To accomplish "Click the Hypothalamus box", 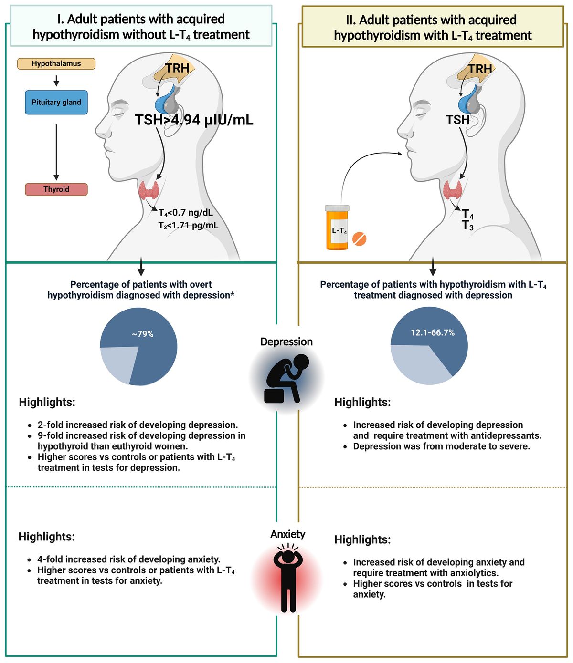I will click(56, 64).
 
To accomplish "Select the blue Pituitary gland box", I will click(56, 103).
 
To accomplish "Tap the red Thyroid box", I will click(56, 189).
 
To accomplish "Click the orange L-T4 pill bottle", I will click(337, 228).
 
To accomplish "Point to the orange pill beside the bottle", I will click(359, 238).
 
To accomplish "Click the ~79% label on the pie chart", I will click(143, 334).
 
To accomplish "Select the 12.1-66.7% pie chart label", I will click(433, 332).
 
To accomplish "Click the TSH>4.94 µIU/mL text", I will click(194, 120).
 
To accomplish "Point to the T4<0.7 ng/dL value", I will click(186, 213).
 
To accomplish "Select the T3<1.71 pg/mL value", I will click(189, 225).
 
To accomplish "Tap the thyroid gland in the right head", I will click(452, 190).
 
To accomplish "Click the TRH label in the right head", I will click(480, 69).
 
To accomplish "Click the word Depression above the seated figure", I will click(286, 342).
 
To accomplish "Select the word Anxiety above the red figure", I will click(288, 534).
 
